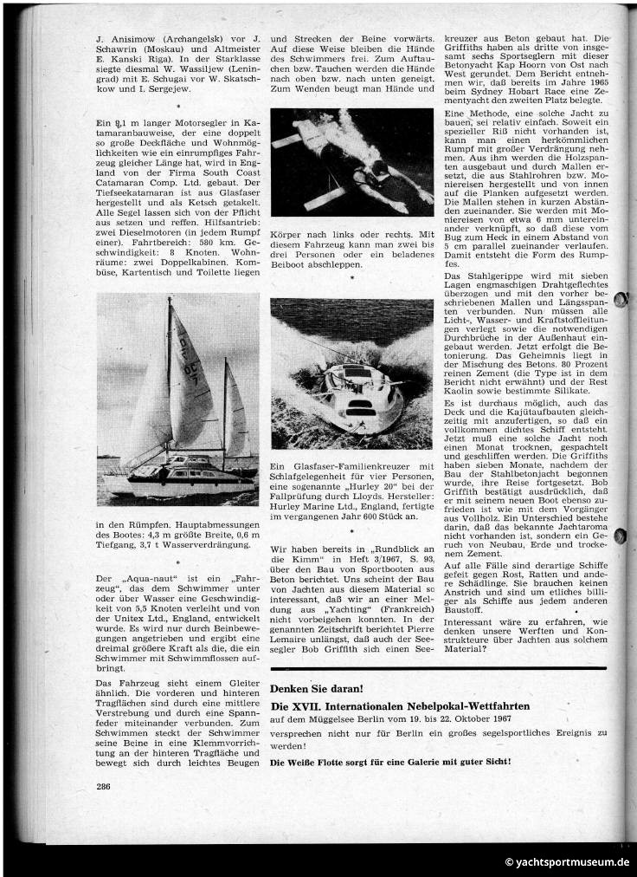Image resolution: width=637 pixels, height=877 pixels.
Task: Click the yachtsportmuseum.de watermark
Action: (567, 862)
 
